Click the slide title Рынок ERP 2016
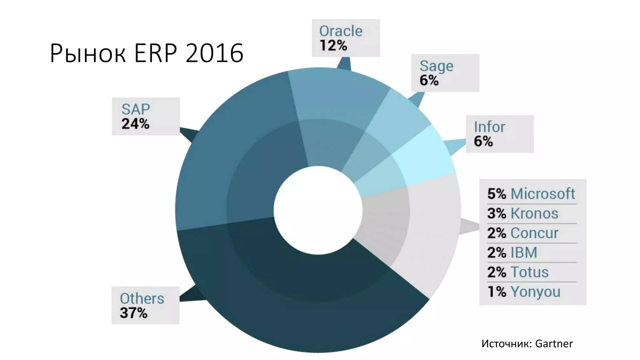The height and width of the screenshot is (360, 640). [x=146, y=53]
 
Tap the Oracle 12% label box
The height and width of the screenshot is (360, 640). [x=346, y=38]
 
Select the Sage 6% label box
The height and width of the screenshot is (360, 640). [x=445, y=73]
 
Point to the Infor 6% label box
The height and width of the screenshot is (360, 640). [x=499, y=134]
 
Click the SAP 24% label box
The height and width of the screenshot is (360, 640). [x=146, y=116]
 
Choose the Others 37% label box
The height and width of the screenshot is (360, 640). [x=146, y=305]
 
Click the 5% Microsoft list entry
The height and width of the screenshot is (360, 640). [x=531, y=194]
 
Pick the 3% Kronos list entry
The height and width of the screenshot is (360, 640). [x=522, y=213]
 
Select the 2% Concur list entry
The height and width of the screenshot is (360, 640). [x=522, y=233]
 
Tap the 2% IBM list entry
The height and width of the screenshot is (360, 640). [x=512, y=252]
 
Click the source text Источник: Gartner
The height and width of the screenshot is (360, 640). [x=527, y=344]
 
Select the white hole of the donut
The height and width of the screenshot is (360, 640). [x=318, y=210]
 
